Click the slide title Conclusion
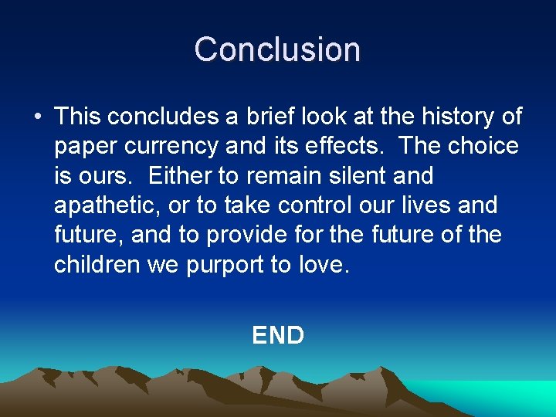[277, 49]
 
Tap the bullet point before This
[37, 117]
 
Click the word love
[323, 265]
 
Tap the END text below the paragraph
[278, 335]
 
